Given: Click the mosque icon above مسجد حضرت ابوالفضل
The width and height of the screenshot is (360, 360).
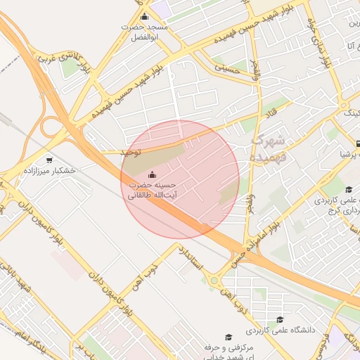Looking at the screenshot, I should [x=145, y=17].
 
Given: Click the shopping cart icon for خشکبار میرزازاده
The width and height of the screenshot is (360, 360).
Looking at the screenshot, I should [x=49, y=160].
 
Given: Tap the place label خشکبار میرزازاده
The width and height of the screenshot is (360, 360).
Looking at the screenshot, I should [x=49, y=171].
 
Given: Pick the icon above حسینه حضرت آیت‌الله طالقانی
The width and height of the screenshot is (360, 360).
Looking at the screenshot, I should [x=152, y=174].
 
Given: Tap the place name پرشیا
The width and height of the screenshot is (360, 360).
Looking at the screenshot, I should [x=349, y=152].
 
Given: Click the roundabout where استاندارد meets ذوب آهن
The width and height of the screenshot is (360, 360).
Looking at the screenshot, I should [x=212, y=282].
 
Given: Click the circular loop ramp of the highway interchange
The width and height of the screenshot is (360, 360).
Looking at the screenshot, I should [x=51, y=129].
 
